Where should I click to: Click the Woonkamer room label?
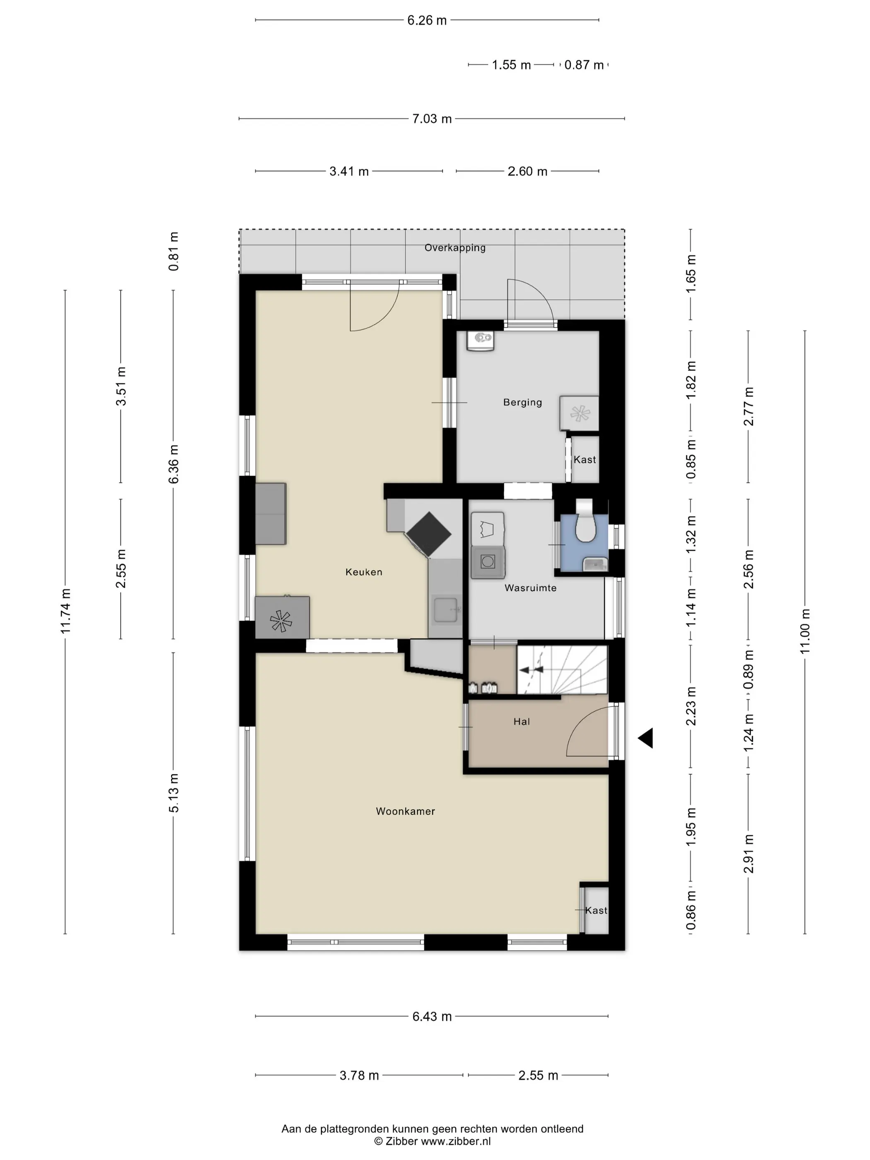pyautogui.click(x=405, y=811)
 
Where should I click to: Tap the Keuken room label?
pyautogui.click(x=364, y=572)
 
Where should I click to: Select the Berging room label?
pyautogui.click(x=522, y=402)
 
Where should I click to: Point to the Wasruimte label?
pyautogui.click(x=530, y=588)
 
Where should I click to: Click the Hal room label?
pyautogui.click(x=521, y=722)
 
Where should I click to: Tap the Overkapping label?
pyautogui.click(x=454, y=247)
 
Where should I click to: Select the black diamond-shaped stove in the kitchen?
pyautogui.click(x=428, y=534)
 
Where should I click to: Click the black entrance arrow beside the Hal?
pyautogui.click(x=645, y=738)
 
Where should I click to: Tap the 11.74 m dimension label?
pyautogui.click(x=65, y=611)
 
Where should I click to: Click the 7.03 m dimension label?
pyautogui.click(x=432, y=119)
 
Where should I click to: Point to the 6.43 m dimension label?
pyautogui.click(x=432, y=1016)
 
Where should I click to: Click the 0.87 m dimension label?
pyautogui.click(x=584, y=65)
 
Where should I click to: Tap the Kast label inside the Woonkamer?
pyautogui.click(x=596, y=910)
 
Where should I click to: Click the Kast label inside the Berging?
pyautogui.click(x=585, y=459)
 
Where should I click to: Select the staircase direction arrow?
pyautogui.click(x=531, y=669)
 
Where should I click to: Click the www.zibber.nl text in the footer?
pyautogui.click(x=456, y=1141)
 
